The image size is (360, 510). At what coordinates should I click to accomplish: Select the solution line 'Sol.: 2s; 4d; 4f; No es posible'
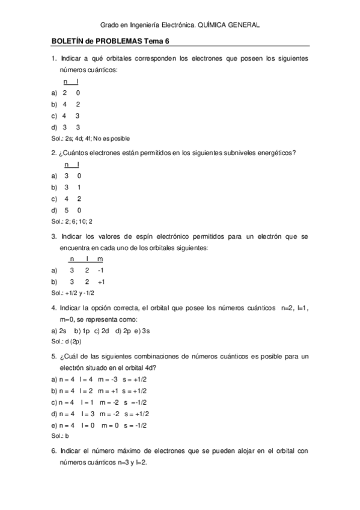coord(91,138)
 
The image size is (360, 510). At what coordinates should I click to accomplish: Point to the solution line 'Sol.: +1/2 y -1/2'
coord(73,292)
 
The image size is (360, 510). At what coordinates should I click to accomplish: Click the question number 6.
coord(53,450)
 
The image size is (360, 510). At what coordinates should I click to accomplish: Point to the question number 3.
coord(53,236)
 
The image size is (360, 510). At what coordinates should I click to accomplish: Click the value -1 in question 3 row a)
coord(100,270)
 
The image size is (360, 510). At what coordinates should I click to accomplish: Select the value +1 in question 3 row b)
coord(101,281)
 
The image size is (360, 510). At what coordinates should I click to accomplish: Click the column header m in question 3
coord(100,259)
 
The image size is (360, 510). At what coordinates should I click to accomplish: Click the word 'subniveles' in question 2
coord(224,153)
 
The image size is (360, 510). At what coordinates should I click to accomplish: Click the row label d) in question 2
coord(55,210)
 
